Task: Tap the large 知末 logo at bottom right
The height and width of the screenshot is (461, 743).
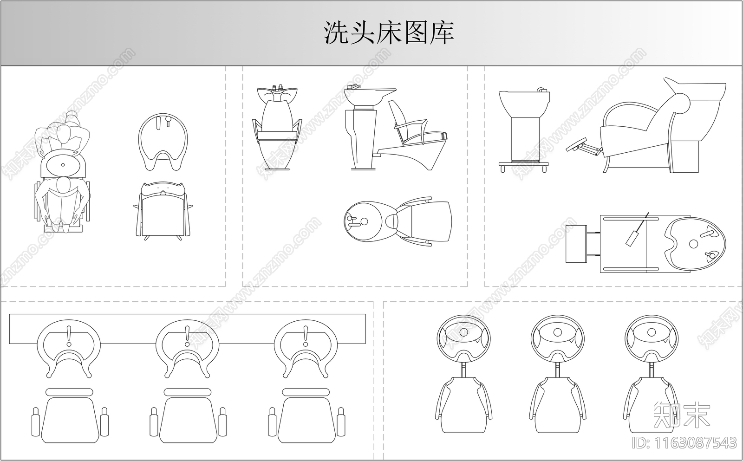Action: (x=681, y=415)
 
